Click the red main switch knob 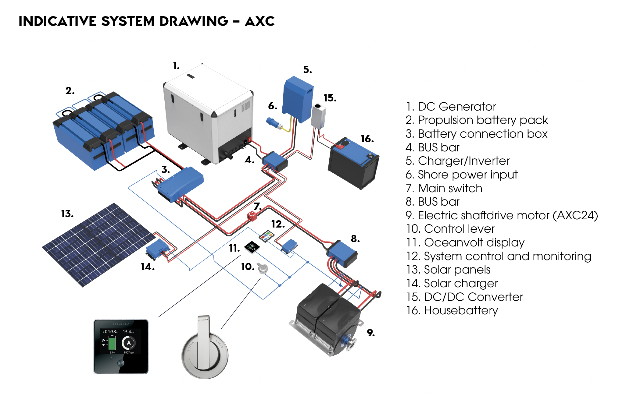252,216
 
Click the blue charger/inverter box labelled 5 297,99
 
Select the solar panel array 98,244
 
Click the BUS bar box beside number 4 274,161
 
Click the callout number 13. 67,214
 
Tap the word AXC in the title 259,21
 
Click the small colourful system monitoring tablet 267,236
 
